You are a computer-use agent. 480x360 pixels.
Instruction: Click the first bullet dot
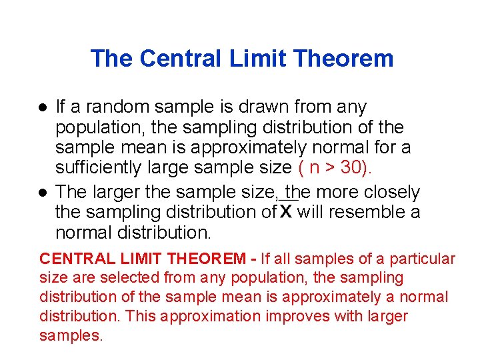click(x=42, y=107)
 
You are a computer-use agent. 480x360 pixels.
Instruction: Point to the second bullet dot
click(x=42, y=193)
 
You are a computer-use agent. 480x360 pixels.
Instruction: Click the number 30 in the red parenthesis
click(x=351, y=167)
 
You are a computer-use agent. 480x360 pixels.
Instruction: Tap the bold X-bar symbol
click(x=286, y=211)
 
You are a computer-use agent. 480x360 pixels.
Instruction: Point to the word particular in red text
click(x=423, y=259)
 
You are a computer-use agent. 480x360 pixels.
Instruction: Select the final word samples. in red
click(x=71, y=335)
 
